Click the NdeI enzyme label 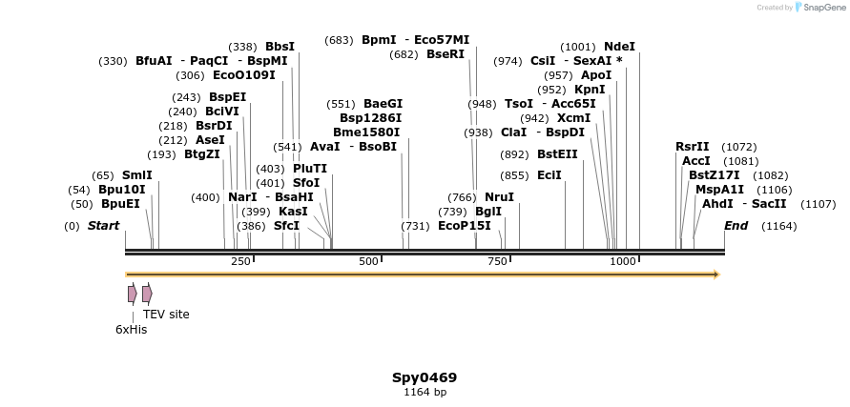coord(619,46)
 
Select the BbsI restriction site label coord(280,46)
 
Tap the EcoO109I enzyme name coord(243,75)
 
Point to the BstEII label coord(557,153)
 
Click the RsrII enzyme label coord(692,147)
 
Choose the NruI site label coord(499,197)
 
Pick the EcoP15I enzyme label coord(464,226)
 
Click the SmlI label coord(136,175)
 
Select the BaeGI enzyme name coord(383,104)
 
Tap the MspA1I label coord(719,190)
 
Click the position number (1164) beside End coord(778,226)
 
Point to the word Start coord(103,226)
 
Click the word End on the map coord(736,226)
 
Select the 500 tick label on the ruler coord(368,261)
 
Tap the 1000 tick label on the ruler coord(622,261)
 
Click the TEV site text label coord(166,315)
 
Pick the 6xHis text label coord(131,330)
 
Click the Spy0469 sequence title coord(425,377)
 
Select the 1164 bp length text coord(425,392)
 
